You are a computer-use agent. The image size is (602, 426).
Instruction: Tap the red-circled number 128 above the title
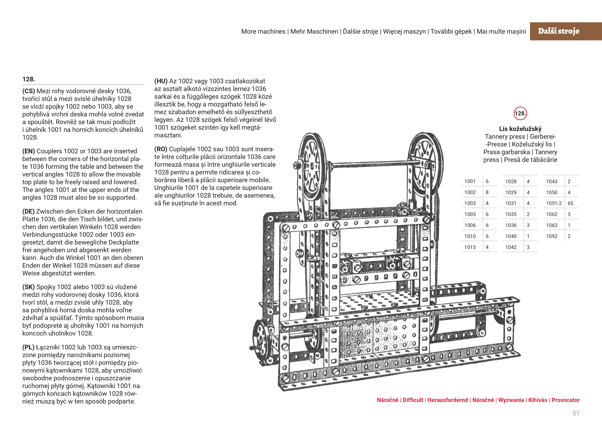point(520,113)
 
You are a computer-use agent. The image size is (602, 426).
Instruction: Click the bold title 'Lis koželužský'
point(520,129)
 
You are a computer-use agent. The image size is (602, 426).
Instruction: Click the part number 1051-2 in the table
point(554,203)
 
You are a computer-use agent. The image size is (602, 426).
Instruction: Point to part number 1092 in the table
point(552,236)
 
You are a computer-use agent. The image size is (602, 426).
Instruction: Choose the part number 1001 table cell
point(470,181)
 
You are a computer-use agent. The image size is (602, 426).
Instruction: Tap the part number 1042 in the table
point(511,247)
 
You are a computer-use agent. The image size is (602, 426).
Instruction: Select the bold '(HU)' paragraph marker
point(161,81)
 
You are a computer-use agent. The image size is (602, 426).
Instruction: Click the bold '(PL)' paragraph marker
point(28,347)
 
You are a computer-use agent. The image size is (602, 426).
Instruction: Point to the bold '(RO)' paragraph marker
point(161,149)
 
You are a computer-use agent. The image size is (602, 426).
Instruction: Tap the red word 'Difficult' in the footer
point(413,400)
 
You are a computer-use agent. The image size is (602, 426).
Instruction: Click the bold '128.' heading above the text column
point(29,79)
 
